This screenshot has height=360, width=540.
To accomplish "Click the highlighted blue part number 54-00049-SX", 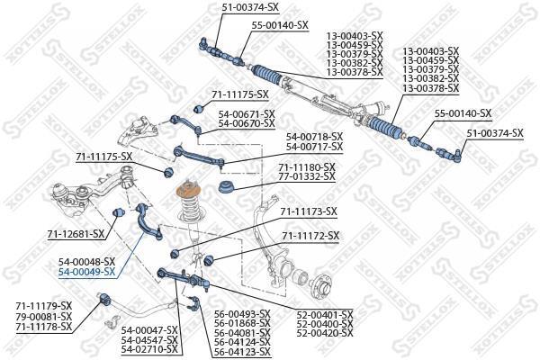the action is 86,272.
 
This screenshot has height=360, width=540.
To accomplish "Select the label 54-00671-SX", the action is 247,113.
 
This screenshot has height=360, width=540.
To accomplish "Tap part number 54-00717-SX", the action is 315,147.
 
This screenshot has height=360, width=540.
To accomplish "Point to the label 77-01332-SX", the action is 307,176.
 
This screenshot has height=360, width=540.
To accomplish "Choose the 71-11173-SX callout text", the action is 309,211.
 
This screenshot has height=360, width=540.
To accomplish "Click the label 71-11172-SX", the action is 310,236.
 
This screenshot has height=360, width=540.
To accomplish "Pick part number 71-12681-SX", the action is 76,234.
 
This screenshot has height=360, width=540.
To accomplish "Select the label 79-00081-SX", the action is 44,316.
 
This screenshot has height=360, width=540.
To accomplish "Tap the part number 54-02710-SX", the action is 149,350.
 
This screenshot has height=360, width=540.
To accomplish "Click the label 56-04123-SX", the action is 242,352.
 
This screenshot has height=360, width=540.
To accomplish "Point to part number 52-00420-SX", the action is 325,333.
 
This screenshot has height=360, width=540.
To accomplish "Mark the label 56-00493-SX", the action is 242,314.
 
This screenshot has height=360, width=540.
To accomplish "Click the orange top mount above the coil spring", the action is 188,191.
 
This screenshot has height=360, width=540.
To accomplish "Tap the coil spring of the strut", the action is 191,209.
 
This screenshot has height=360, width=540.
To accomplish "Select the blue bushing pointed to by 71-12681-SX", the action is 119,211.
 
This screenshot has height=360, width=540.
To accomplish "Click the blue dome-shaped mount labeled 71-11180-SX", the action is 227,187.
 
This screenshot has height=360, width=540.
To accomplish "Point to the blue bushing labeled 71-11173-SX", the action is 175,254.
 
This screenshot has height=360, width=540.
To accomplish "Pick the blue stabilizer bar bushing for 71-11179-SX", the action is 105,300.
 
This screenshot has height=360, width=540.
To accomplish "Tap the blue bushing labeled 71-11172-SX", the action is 209,261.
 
